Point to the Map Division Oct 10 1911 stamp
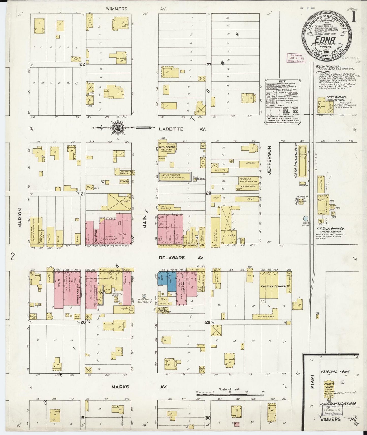click(x=296, y=58)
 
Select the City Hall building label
click(x=124, y=181)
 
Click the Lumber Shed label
click(x=265, y=317)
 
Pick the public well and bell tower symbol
click(x=144, y=296)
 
